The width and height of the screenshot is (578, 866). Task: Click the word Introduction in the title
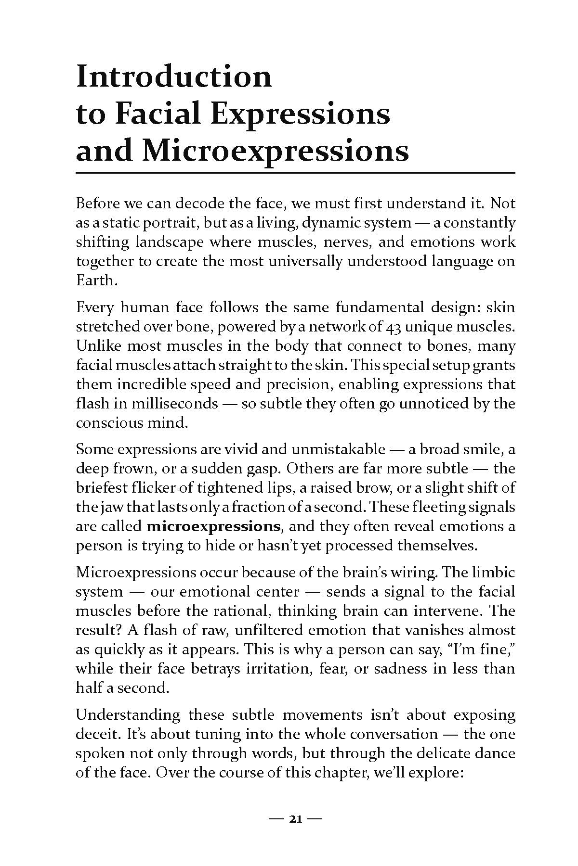pyautogui.click(x=174, y=77)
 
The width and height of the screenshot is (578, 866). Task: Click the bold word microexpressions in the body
pyautogui.click(x=213, y=526)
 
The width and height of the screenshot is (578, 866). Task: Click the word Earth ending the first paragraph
pyautogui.click(x=96, y=280)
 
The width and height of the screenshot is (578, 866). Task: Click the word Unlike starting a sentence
pyautogui.click(x=98, y=346)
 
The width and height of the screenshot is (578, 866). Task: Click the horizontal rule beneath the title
pyautogui.click(x=295, y=172)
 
